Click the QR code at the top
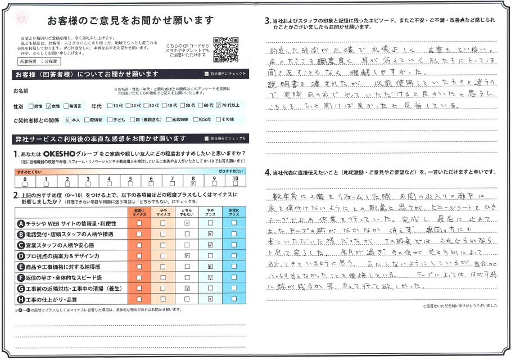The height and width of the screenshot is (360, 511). (x=226, y=49)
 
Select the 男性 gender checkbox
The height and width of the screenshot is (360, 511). (x=31, y=105)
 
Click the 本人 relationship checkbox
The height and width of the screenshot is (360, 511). (x=68, y=119)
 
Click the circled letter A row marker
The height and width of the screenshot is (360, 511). (x=21, y=223)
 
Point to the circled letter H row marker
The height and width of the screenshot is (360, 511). (x=21, y=299)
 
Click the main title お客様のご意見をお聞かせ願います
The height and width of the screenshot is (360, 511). (x=130, y=21)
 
